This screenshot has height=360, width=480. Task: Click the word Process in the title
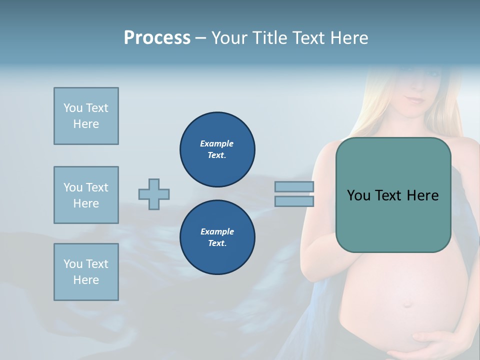pos(157,38)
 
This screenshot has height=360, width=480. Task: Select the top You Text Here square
pos(86,116)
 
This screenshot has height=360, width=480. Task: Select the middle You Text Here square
pos(86,195)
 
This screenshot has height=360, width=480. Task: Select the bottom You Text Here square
pos(86,272)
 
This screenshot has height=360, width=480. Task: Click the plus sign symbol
pos(154,194)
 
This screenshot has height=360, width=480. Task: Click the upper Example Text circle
pos(217,149)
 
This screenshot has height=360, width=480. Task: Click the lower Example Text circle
pos(217,237)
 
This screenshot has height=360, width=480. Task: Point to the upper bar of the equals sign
pos(294,187)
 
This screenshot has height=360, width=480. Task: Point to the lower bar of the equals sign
pos(294,201)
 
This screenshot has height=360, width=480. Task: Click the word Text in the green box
pos(392,195)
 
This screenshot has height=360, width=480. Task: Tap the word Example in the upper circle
pos(217,143)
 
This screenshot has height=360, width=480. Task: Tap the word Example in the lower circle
pos(217,231)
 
